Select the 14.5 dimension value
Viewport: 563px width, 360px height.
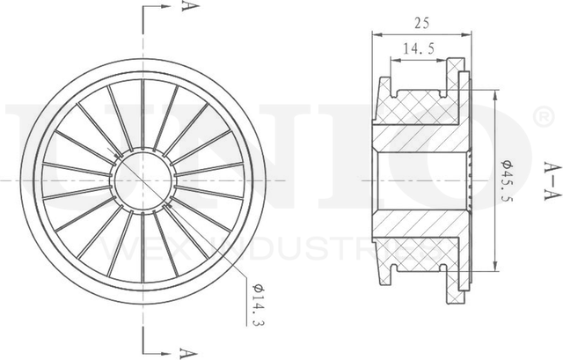[x=418, y=50]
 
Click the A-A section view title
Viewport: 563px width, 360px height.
[x=547, y=180]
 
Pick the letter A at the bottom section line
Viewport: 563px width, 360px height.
[x=186, y=353]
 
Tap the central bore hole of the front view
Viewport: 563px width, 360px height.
[x=143, y=180]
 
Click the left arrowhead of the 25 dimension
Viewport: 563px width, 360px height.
[x=377, y=35]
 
